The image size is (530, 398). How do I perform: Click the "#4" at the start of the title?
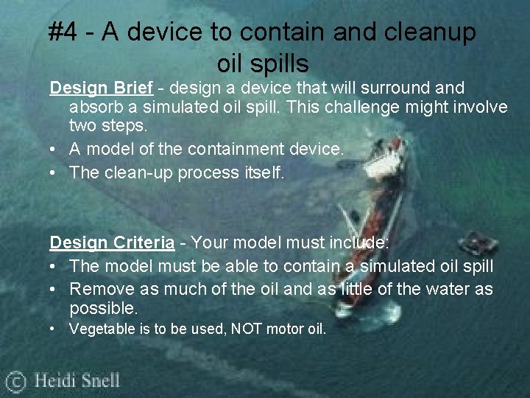tap(64, 32)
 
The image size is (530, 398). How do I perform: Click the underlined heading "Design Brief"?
tap(101, 88)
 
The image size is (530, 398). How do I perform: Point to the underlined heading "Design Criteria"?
tap(112, 242)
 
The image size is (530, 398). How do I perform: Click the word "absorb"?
tap(94, 108)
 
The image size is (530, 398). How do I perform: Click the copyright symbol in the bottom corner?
tap(15, 382)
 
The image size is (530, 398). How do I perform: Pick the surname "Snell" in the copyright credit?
tap(98, 381)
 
